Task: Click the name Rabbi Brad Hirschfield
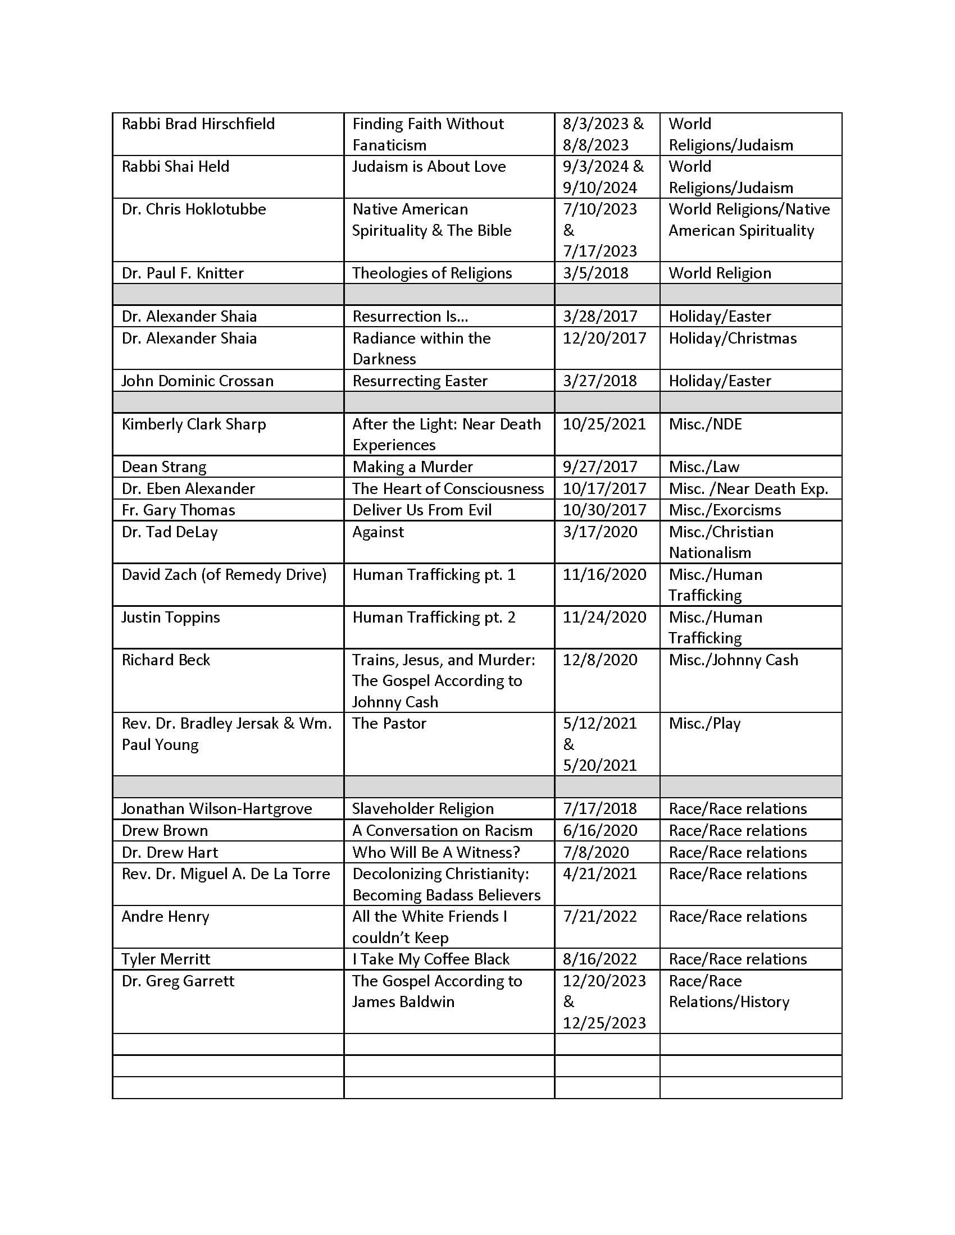[198, 124]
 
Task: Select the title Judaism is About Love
[429, 166]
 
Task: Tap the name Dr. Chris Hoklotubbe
[193, 209]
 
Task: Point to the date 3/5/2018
[595, 273]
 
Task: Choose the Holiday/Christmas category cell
[733, 338]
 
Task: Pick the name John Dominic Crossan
[197, 381]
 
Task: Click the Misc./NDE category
[705, 424]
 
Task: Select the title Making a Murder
[412, 466]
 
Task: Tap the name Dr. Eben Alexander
[188, 488]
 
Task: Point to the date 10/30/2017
[604, 510]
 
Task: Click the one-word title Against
[378, 532]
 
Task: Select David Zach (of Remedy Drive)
[224, 574]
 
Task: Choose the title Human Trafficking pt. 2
[434, 617]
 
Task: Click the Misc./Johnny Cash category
[733, 660]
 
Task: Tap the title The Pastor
[389, 723]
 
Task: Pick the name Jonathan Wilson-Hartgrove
[217, 808]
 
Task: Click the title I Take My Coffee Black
[430, 959]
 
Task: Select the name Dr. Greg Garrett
[178, 981]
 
